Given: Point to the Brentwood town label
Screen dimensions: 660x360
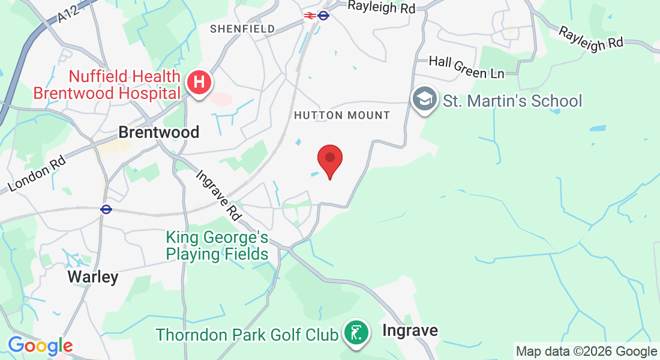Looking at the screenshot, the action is pos(158,132).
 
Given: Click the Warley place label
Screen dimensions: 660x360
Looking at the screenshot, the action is pos(93,277).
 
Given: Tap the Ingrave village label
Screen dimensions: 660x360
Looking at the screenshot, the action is pos(410,331).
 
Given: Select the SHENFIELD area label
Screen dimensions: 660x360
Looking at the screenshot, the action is pos(242,29).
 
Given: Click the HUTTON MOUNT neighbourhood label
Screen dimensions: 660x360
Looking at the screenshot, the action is pos(342,115).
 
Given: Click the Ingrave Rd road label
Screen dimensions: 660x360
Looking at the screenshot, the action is pos(218,196).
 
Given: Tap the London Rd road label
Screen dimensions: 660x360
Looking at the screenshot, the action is pos(37,175).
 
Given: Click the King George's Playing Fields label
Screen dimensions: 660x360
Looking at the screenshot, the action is pos(217,246).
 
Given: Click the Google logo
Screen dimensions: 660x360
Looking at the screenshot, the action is pos(40,346).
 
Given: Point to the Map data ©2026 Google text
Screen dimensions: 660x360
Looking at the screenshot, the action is pos(586,352).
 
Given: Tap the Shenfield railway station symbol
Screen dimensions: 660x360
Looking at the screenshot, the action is pos(310,16).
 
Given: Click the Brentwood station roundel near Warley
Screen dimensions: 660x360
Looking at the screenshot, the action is pos(106,209).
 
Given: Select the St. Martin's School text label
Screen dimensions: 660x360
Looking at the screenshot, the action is pos(512,101).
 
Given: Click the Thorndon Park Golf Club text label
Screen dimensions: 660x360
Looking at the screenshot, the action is pos(247,334).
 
